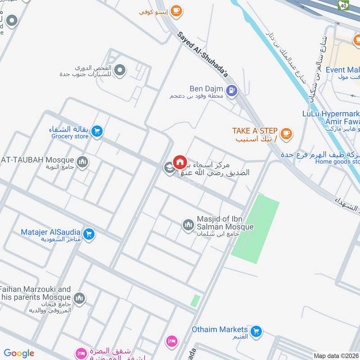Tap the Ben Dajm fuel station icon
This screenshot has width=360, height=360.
(x=231, y=90)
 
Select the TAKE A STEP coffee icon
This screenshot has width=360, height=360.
(x=286, y=133)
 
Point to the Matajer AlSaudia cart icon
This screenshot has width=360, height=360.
(x=89, y=234)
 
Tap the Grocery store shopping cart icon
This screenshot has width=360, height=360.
(x=96, y=131)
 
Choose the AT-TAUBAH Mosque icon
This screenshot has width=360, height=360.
(x=82, y=162)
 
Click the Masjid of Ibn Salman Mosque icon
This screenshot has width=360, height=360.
(x=188, y=224)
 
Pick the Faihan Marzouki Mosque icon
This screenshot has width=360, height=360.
(x=79, y=298)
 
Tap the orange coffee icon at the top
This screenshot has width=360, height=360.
(x=176, y=11)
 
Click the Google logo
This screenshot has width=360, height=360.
(x=19, y=353)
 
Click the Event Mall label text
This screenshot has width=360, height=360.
(x=342, y=70)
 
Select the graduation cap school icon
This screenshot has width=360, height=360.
(x=169, y=168)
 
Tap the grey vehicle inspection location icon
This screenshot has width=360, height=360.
(x=120, y=70)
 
